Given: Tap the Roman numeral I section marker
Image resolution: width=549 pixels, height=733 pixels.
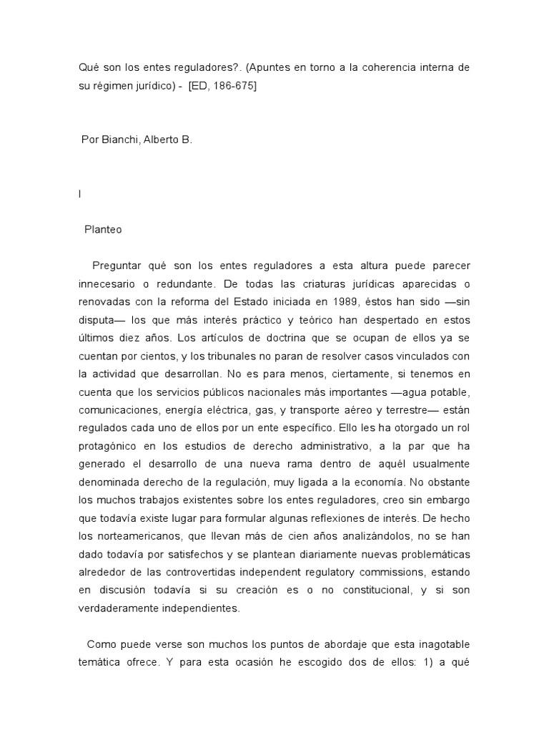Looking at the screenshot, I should click(79, 193).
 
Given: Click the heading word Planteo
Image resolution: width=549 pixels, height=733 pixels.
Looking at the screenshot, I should click(103, 230).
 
